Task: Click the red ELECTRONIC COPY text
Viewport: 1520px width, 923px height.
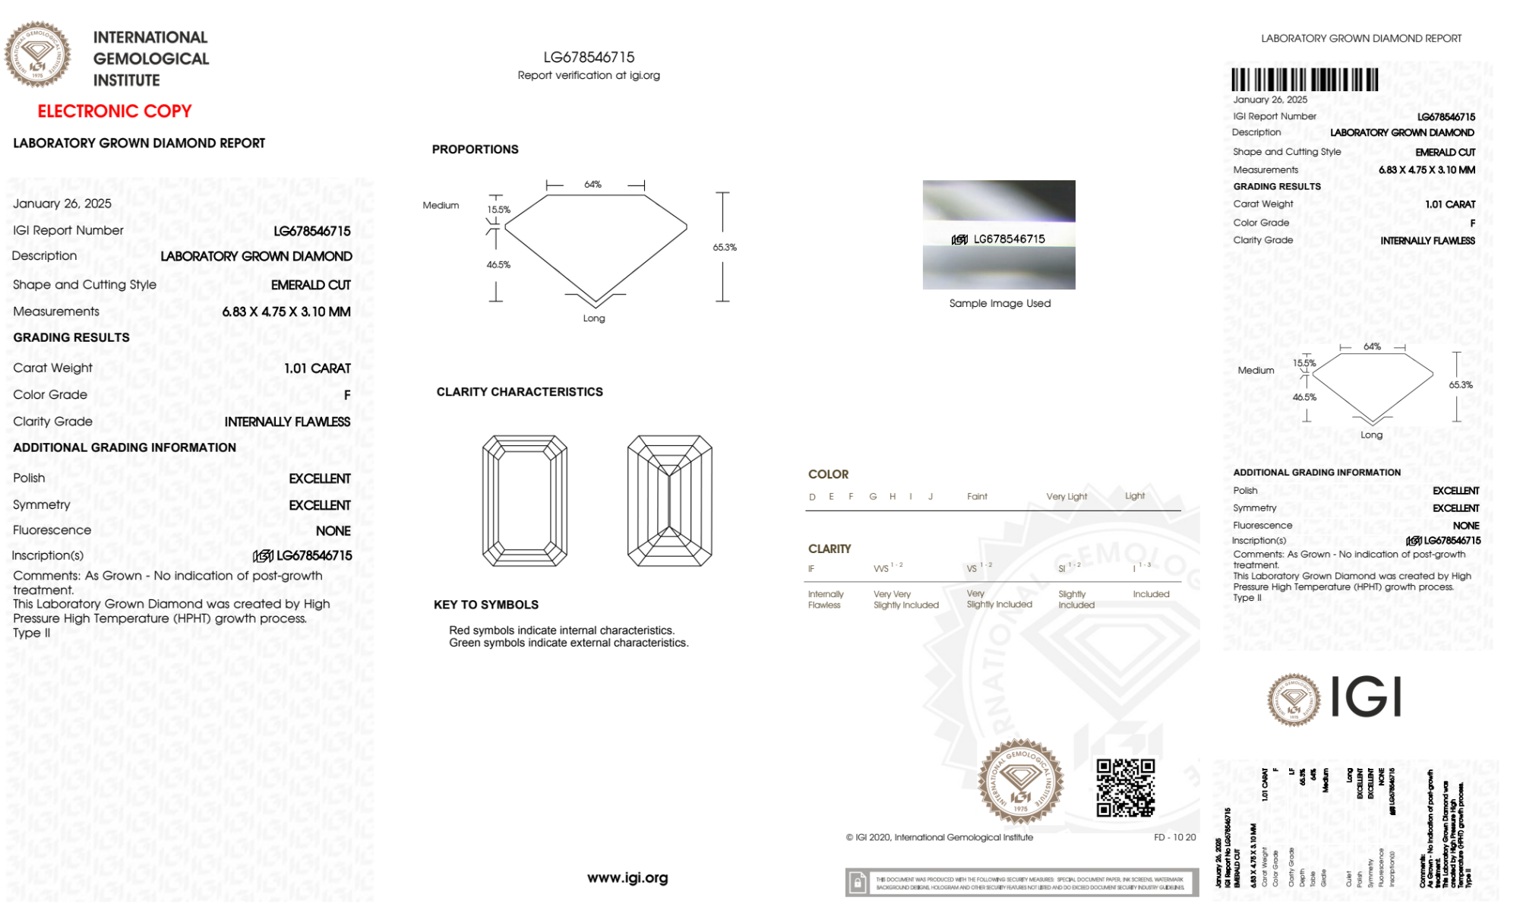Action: pos(114,111)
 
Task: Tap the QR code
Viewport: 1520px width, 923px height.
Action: pos(1125,788)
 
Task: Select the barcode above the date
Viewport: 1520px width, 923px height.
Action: pos(1304,80)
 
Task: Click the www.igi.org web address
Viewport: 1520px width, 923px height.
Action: pos(627,877)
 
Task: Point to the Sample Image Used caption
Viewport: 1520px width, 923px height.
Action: pos(1000,303)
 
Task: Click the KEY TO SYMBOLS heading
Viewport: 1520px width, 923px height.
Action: pos(485,605)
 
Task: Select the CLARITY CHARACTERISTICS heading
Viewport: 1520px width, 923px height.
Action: pos(520,392)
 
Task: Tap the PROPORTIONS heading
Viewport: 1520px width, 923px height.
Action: pos(475,150)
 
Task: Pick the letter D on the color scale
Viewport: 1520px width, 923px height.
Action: pos(812,497)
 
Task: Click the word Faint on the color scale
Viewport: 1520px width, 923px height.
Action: pos(977,497)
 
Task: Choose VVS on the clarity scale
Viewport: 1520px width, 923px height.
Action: pos(881,568)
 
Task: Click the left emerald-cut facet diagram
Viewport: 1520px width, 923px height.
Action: pos(525,501)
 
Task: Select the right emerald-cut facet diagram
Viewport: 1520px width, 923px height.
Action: pos(669,501)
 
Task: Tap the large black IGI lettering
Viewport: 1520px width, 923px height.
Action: pos(1367,697)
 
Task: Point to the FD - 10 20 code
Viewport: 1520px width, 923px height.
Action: pos(1174,837)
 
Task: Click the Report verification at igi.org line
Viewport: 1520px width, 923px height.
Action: pos(589,75)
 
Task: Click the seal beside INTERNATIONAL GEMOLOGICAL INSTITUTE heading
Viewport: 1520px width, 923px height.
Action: pos(37,54)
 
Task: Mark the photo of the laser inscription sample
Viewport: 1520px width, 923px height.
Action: pos(999,235)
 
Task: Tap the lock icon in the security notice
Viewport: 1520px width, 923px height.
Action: pos(858,883)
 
